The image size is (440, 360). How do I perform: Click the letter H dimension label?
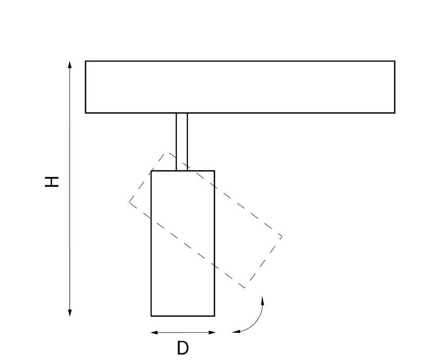(x=52, y=182)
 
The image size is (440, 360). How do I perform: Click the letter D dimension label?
(x=183, y=348)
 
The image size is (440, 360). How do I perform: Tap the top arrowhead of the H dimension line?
(x=70, y=64)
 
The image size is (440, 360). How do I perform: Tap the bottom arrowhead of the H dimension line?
(x=70, y=313)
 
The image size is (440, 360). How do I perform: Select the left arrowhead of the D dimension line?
(x=155, y=333)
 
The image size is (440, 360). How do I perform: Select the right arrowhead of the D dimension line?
(x=211, y=333)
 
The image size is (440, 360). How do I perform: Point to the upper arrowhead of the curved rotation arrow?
(x=262, y=300)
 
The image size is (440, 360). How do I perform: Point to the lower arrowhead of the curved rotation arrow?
(x=236, y=332)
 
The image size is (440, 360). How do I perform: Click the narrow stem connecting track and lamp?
(x=182, y=142)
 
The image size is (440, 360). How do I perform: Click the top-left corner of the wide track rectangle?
(x=85, y=61)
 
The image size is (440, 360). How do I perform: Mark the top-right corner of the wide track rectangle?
(x=395, y=61)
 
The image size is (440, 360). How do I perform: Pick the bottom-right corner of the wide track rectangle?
(x=395, y=113)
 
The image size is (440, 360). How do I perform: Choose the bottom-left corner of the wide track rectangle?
(x=85, y=113)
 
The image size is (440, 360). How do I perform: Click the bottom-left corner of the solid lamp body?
(x=151, y=315)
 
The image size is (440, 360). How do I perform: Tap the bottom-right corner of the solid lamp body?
(x=215, y=315)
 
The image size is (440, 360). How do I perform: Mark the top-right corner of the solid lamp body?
(x=215, y=171)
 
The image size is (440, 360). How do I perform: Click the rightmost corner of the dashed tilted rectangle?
(x=282, y=237)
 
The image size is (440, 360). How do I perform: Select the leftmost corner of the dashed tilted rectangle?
(x=130, y=202)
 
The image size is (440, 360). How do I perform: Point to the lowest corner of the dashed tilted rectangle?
(x=245, y=288)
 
